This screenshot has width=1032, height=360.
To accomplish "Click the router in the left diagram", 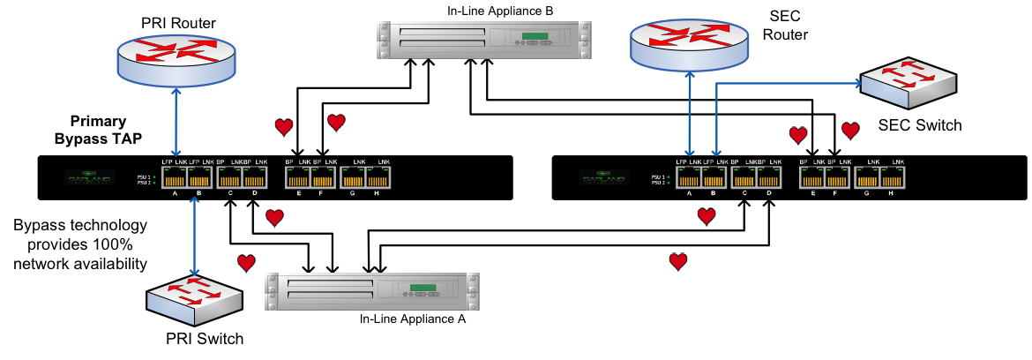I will click(176, 59).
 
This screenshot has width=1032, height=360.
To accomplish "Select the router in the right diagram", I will click(689, 44).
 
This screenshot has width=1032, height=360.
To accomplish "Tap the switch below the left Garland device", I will click(194, 298).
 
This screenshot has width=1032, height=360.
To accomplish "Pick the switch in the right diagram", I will click(909, 83).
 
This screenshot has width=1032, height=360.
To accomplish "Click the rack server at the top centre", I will click(484, 40).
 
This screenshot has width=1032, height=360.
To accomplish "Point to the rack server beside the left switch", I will click(372, 291).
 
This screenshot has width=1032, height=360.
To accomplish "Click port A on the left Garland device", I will click(174, 177).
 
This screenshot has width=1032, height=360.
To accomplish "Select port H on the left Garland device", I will click(378, 177).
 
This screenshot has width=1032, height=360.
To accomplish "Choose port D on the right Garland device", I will click(768, 177).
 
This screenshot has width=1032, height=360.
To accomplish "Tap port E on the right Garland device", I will click(812, 177).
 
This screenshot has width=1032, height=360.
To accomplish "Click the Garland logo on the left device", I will click(89, 177).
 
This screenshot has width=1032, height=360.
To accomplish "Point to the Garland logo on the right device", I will click(604, 177).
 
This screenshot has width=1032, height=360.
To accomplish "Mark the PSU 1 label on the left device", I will click(144, 176).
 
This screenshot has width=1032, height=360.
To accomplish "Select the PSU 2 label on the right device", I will click(658, 183).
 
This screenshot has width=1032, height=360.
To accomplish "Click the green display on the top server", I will click(535, 36).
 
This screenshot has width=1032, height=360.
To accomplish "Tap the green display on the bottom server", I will click(423, 288).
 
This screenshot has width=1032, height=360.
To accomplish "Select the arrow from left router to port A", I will click(176, 122).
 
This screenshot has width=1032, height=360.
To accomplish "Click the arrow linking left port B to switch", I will click(194, 236).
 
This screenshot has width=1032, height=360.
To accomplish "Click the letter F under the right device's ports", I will click(834, 192).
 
